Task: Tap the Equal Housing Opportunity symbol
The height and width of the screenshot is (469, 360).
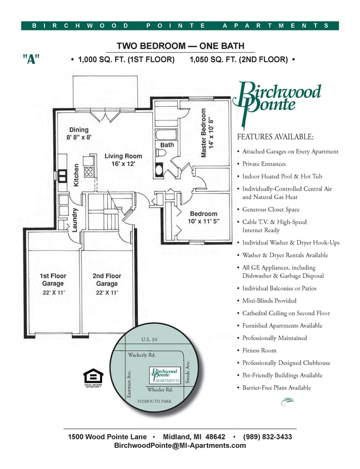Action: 93,377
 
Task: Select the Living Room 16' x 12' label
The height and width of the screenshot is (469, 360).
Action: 123,160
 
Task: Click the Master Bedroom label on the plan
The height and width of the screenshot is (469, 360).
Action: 207,133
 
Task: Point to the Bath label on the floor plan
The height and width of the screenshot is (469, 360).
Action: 167,145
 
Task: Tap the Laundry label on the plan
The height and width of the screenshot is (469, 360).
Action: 74,219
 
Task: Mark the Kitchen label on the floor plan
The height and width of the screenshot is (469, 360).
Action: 77,175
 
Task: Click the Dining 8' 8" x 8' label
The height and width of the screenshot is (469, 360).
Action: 79,133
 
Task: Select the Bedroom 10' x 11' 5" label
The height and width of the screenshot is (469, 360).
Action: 204,217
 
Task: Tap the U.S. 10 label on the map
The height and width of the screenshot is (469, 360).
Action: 150,340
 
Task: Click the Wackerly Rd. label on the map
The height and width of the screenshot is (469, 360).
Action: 142,355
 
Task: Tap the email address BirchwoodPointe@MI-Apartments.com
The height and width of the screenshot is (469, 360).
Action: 180,446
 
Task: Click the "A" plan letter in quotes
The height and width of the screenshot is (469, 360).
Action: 31,59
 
